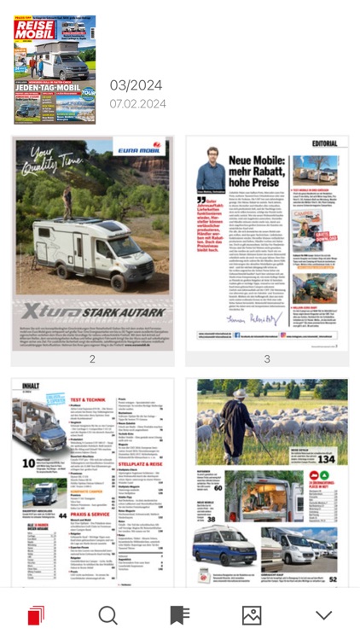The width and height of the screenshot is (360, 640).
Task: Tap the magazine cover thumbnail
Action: (x=55, y=70)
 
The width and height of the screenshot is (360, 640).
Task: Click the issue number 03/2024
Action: (x=136, y=85)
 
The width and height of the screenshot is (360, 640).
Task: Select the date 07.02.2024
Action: (x=137, y=104)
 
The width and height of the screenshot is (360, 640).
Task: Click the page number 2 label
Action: (x=92, y=359)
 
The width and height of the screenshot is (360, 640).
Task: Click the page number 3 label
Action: (x=267, y=359)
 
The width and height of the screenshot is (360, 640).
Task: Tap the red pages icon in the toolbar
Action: (x=36, y=614)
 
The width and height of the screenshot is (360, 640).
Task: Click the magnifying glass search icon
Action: (x=107, y=614)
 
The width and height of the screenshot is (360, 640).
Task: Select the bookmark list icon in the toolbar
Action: (x=179, y=614)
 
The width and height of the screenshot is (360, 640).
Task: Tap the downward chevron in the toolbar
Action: (x=323, y=614)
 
